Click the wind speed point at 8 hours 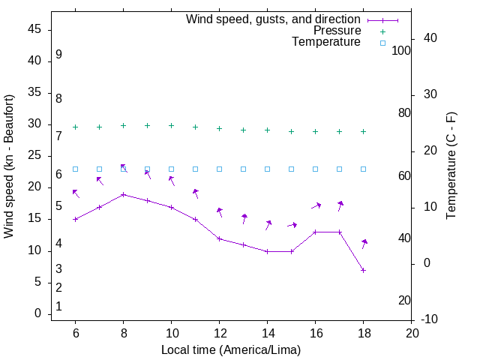tap(123, 195)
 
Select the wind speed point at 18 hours tap(363, 270)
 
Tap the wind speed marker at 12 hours tap(219, 238)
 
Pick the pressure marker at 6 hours tap(75, 127)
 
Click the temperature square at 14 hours tap(267, 169)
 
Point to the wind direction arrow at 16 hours tap(316, 205)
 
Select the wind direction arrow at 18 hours tap(364, 244)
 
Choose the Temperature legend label tap(326, 43)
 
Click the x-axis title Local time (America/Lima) tap(231, 349)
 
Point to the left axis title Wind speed tap(9, 166)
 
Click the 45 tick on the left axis tap(34, 29)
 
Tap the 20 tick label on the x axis tap(411, 332)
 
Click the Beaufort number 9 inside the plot tap(58, 55)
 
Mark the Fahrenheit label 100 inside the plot tap(401, 50)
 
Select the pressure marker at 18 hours tap(363, 131)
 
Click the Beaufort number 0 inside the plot tap(58, 307)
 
